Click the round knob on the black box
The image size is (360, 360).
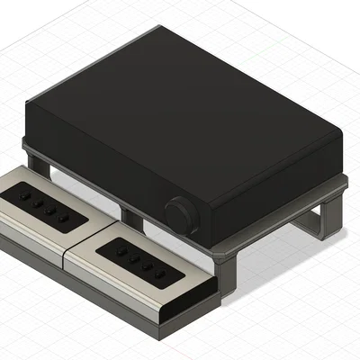(180, 216)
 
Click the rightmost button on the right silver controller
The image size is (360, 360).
(159, 273)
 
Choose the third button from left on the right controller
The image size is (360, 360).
(147, 265)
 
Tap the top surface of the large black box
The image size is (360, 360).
(180, 99)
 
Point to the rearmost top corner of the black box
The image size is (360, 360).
(158, 29)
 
